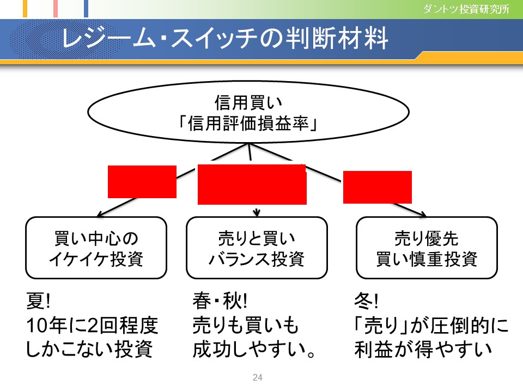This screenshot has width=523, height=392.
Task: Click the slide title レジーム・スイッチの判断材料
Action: [x=225, y=38]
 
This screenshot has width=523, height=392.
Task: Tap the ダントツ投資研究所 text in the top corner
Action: [x=466, y=9]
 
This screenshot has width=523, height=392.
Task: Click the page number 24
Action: [x=258, y=377]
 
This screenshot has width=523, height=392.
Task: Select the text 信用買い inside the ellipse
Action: [x=248, y=102]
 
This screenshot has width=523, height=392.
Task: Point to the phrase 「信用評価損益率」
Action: [x=248, y=124]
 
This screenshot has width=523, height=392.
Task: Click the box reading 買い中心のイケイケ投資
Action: [x=96, y=248]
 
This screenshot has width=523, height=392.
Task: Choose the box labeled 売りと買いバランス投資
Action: [x=257, y=248]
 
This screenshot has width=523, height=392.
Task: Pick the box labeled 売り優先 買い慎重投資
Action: [x=427, y=248]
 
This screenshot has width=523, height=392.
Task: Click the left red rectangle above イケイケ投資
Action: [x=142, y=182]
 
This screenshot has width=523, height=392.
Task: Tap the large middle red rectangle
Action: [x=252, y=185]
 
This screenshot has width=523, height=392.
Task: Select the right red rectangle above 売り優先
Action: [x=378, y=187]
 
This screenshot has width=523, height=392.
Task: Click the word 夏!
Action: [x=38, y=301]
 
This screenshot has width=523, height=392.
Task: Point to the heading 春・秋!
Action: [x=220, y=301]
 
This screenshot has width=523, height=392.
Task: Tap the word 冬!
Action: [x=366, y=301]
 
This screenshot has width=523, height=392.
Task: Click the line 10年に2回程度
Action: [x=92, y=326]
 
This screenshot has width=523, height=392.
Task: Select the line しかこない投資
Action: [x=89, y=350]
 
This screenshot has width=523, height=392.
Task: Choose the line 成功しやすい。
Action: [x=254, y=350]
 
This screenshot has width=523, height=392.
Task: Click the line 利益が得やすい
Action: [x=423, y=350]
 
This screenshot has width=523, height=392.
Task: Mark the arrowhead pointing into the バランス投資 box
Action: [x=256, y=213]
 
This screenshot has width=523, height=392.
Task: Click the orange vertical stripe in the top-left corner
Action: [x=25, y=8]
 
